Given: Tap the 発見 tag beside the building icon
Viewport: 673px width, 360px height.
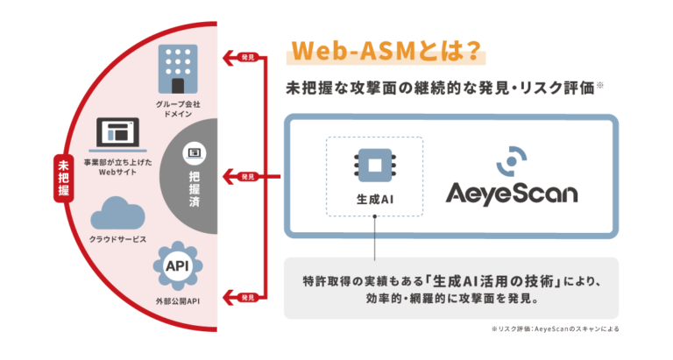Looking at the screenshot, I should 248,58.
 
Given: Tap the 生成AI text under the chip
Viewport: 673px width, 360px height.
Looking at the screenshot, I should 374,200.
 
